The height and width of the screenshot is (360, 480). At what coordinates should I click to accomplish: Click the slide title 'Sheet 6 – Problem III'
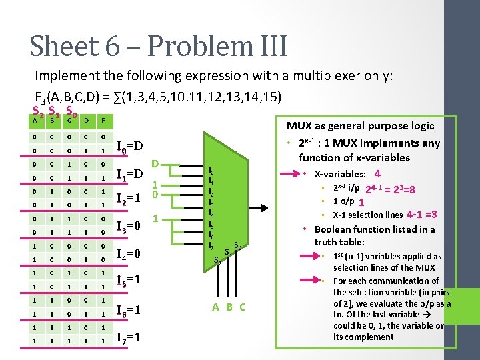158,46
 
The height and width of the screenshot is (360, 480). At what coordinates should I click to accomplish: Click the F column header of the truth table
102,121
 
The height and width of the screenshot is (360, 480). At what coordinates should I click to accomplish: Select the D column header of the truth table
86,121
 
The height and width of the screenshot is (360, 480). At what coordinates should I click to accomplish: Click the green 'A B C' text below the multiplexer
229,307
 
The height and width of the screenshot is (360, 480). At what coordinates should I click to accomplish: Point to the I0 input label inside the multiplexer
211,171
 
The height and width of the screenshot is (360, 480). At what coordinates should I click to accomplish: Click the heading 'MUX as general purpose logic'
360,125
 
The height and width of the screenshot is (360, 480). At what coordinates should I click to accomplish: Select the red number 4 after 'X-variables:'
377,174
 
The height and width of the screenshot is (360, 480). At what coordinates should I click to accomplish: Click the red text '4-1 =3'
421,215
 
